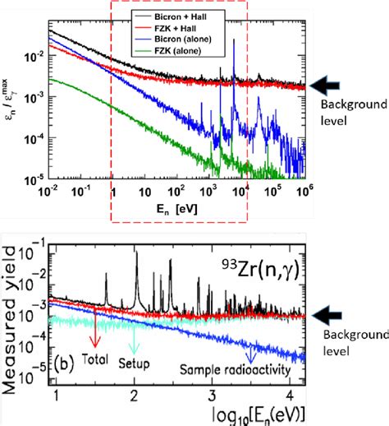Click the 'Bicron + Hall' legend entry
point(177,15)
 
